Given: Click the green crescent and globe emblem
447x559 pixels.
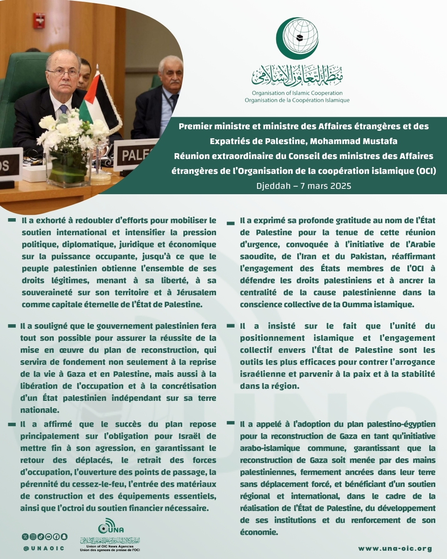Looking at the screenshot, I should (x=297, y=39).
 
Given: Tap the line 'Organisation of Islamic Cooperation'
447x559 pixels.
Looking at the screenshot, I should (x=297, y=93).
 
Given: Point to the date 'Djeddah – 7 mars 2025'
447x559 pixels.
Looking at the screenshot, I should (x=304, y=186).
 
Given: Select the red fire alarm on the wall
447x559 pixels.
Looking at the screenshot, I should (x=39, y=20).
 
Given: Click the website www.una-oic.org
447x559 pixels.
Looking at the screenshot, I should (x=395, y=549).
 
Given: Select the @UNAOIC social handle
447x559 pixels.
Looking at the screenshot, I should (x=44, y=548).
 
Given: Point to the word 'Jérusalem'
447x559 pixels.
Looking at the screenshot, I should (x=196, y=292).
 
